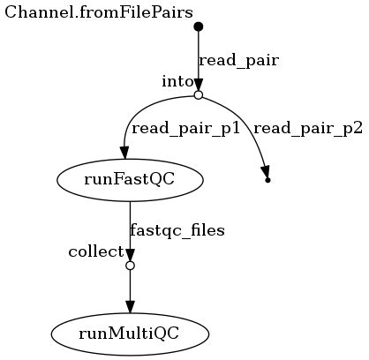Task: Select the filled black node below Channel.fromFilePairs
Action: click(x=198, y=26)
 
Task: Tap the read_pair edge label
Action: click(x=238, y=61)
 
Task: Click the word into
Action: click(x=177, y=81)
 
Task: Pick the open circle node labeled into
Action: click(x=198, y=94)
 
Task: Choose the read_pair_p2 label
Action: click(x=307, y=128)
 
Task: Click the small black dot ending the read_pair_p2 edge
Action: click(x=267, y=180)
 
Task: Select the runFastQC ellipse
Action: click(x=130, y=180)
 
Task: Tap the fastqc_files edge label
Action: click(x=177, y=230)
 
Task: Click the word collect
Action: click(x=96, y=251)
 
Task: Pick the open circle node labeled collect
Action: click(x=130, y=265)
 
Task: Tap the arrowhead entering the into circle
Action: click(x=198, y=83)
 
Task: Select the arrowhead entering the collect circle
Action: click(x=130, y=253)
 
